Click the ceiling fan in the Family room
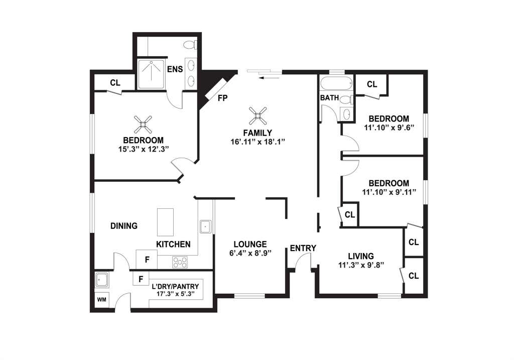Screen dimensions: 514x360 pos(258,116)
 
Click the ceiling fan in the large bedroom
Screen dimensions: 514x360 pos(143,124)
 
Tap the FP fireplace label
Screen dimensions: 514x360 pos(222,98)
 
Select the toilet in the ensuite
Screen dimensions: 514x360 pos(190,44)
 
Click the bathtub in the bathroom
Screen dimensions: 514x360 pos(336,84)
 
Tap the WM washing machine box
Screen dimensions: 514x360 pos(102,300)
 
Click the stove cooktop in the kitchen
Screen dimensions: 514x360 pos(180,262)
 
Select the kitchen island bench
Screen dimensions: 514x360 pos(165,222)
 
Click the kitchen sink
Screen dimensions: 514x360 pos(206,226)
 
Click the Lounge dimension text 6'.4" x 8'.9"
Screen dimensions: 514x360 pos(250,253)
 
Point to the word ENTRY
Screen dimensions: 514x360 pos(303,248)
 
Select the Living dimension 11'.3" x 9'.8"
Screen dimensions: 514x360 pos(361,265)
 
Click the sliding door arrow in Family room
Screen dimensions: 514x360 pos(269,78)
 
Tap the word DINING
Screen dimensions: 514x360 pos(124,226)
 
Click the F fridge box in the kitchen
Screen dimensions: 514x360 pos(147,260)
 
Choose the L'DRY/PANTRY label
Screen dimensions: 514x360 pos(175,286)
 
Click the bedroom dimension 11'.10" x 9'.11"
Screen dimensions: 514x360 pos(389,192)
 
